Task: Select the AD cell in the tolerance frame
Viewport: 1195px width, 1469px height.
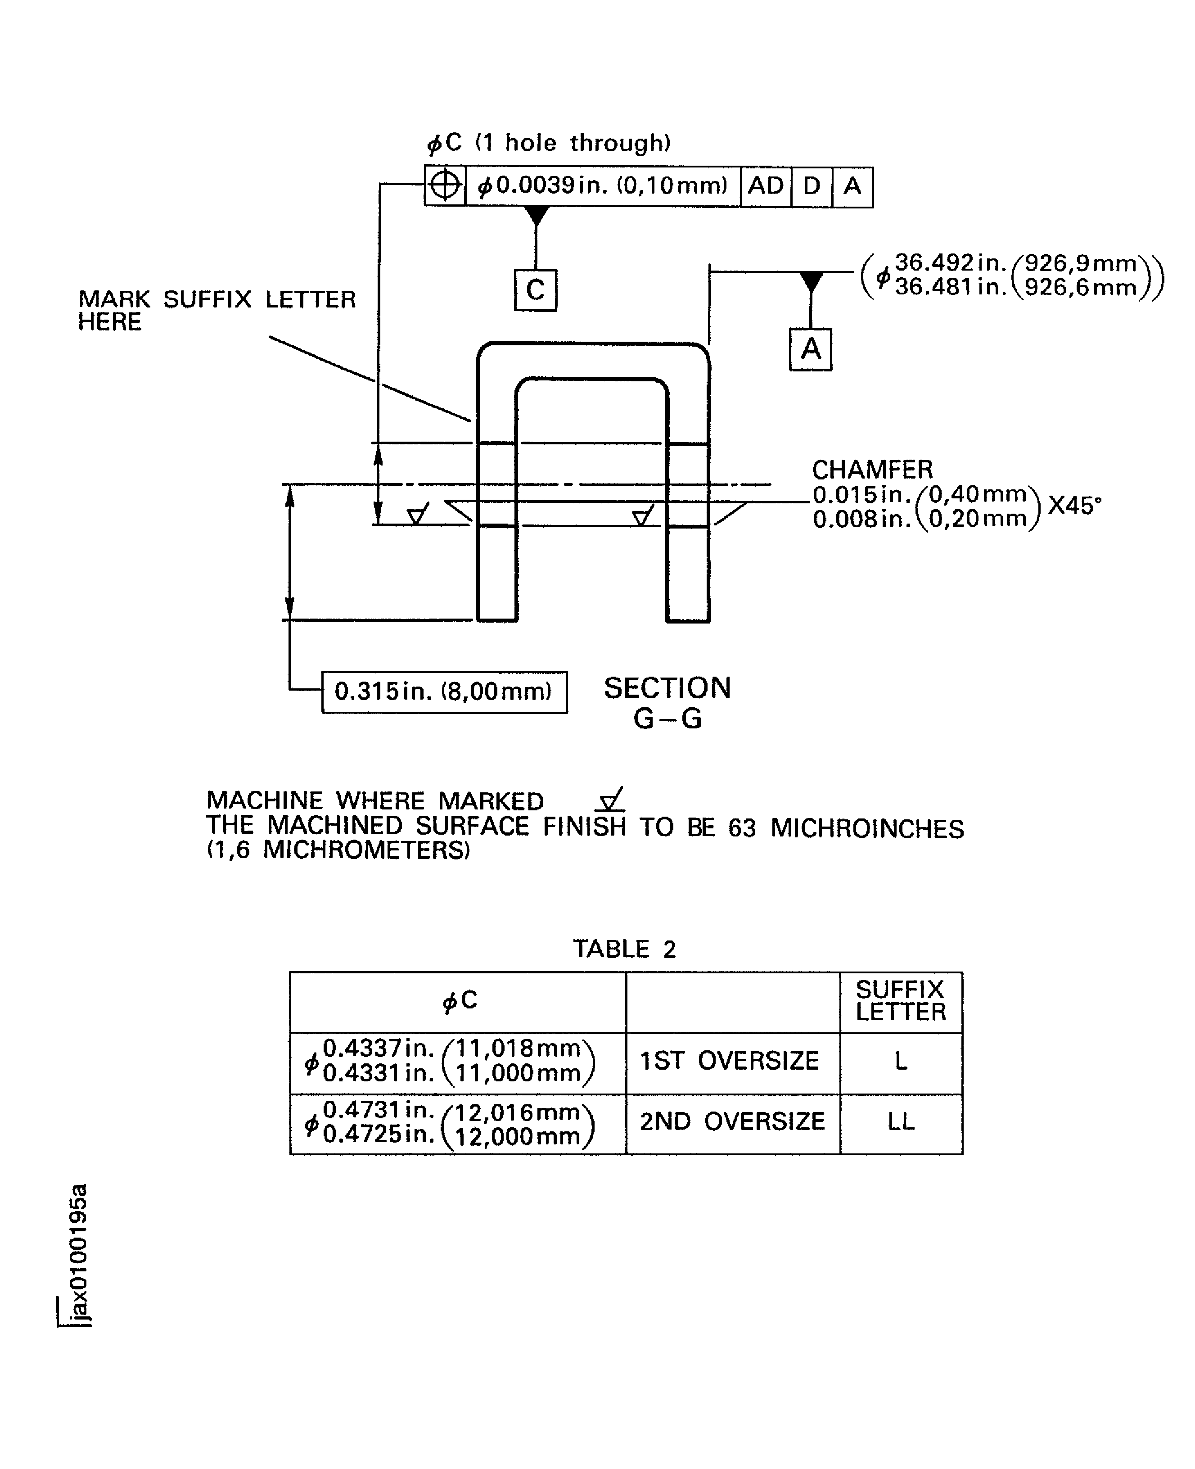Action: pos(766,186)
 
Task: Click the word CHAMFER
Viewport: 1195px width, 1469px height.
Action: pos(872,470)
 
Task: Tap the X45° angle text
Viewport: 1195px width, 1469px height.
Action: pos(1074,506)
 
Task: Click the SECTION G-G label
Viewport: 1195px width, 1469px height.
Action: pos(667,703)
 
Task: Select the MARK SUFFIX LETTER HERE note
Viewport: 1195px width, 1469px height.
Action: pos(217,310)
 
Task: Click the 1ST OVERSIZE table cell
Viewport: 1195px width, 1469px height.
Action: pos(730,1061)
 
